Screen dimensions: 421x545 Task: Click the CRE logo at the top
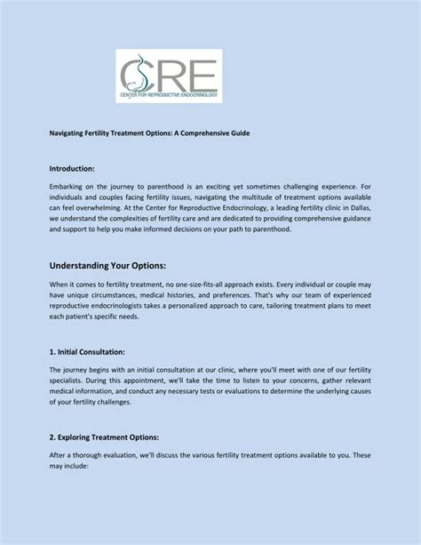(x=169, y=76)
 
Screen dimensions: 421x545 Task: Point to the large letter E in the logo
(x=200, y=71)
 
